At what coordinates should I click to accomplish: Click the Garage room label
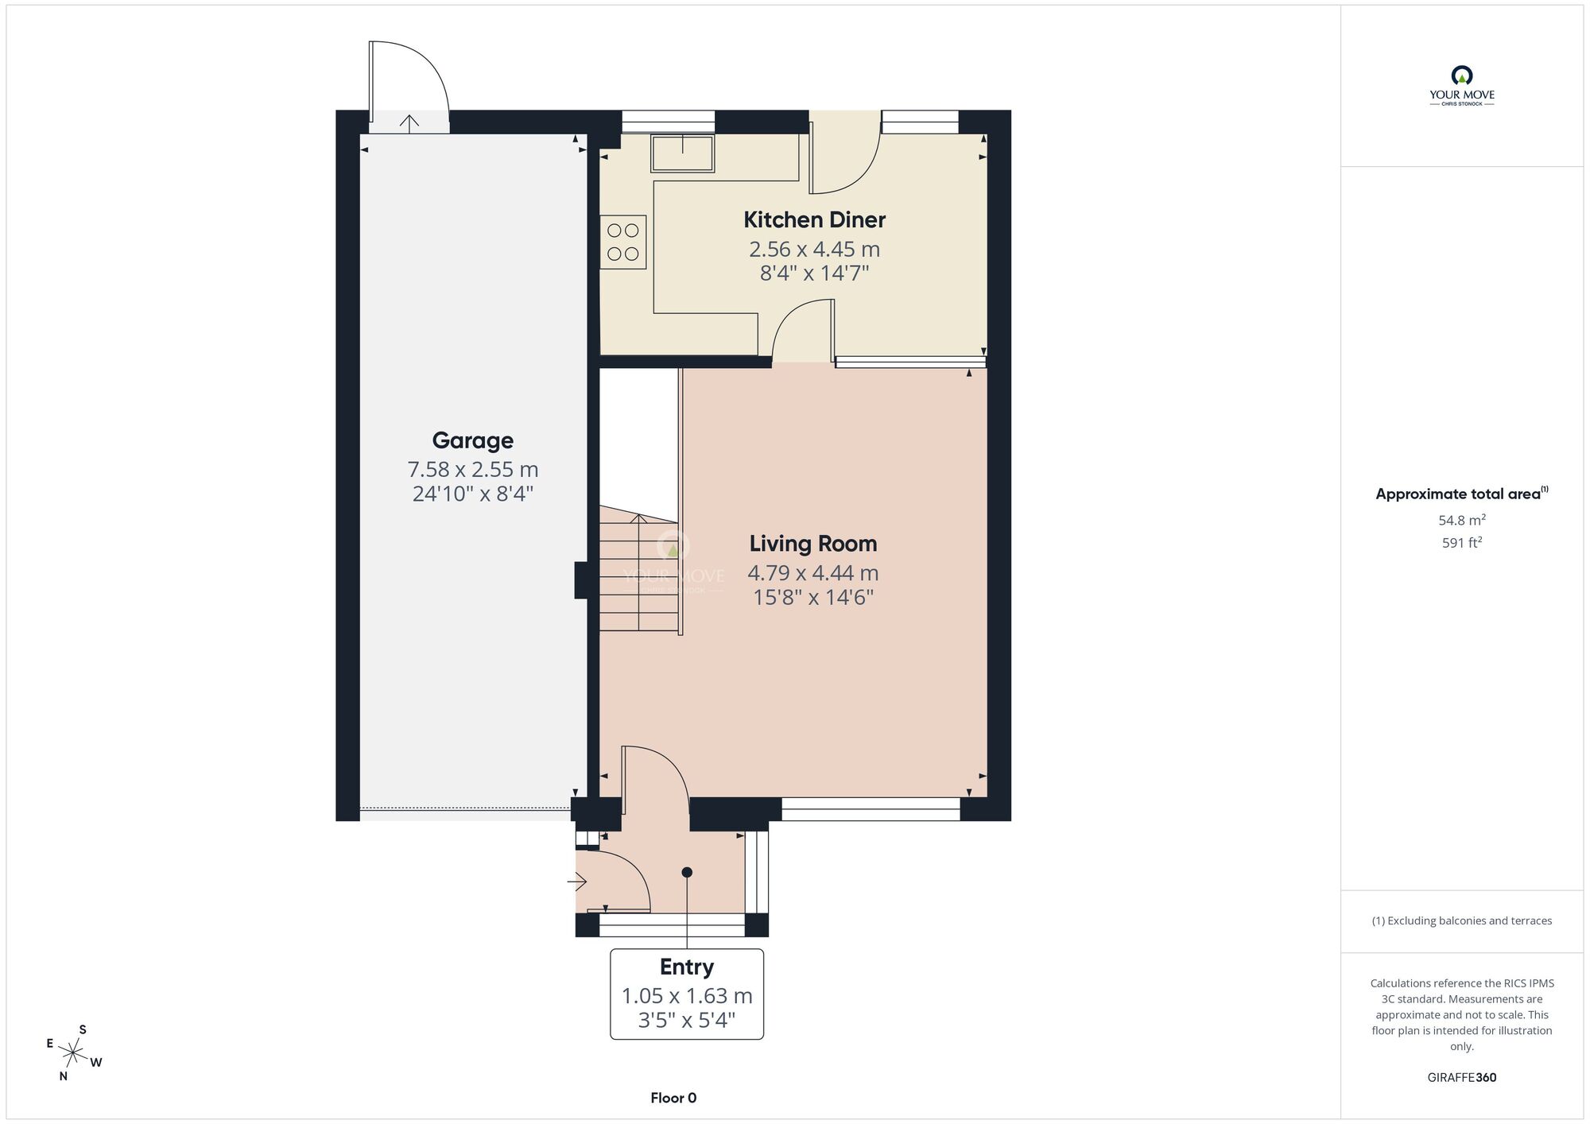click(472, 440)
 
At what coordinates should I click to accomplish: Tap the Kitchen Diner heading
click(814, 219)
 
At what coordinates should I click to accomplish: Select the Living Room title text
click(813, 544)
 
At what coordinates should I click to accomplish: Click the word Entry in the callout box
click(687, 967)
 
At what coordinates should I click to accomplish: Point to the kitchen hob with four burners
click(623, 242)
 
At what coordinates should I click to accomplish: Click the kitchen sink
click(682, 153)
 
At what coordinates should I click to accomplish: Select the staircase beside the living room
click(639, 568)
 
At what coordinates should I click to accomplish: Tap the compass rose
click(73, 1054)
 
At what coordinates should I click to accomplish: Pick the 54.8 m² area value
click(1462, 521)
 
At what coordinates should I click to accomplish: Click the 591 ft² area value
click(1462, 543)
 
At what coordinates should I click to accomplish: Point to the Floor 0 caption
click(673, 1098)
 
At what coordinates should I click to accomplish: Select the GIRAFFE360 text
click(1462, 1078)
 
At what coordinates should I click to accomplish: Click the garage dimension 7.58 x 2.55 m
click(473, 470)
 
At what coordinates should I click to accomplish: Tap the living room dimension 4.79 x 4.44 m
click(813, 573)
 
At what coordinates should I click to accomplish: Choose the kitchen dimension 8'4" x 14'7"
click(814, 273)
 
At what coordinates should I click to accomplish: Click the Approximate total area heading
click(1462, 494)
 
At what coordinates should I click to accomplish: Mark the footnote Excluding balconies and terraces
click(1462, 921)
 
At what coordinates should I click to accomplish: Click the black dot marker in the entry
click(687, 872)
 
